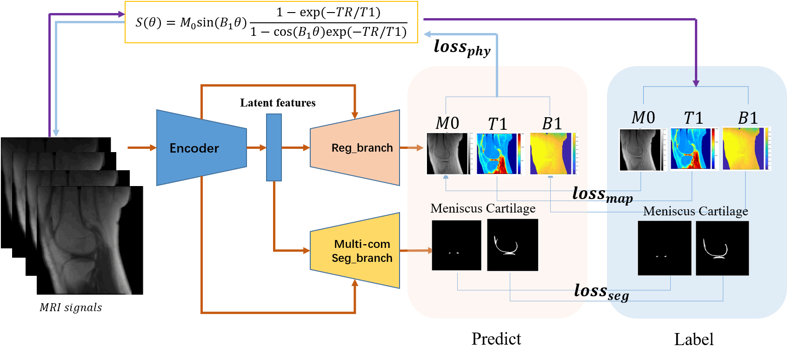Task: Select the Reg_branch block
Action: click(x=355, y=148)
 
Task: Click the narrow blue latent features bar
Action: click(x=273, y=147)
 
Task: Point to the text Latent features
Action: click(x=278, y=103)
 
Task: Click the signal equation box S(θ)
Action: click(x=271, y=22)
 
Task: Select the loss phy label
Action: click(x=462, y=47)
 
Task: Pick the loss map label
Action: click(x=602, y=194)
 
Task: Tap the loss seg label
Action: click(x=601, y=292)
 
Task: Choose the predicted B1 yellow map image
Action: click(x=551, y=153)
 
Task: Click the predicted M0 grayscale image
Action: click(x=447, y=153)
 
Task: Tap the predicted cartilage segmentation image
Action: click(x=512, y=245)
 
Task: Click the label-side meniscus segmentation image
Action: click(x=664, y=248)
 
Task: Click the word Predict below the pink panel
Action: click(x=496, y=339)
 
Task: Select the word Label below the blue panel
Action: click(x=694, y=340)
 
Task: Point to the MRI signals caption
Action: click(x=71, y=307)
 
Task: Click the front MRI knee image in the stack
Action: click(x=90, y=240)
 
